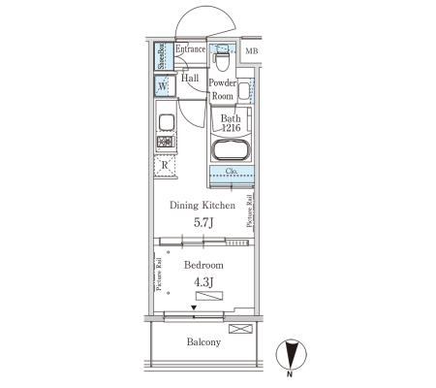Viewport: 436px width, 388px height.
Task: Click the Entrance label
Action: click(x=190, y=49)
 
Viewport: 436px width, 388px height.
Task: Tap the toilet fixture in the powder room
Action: click(x=222, y=58)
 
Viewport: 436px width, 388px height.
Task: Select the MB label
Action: click(x=252, y=51)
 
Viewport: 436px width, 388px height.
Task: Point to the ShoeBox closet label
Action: click(x=161, y=56)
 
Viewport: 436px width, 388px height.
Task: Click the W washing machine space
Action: click(x=164, y=86)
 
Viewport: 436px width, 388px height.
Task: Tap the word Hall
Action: click(x=190, y=78)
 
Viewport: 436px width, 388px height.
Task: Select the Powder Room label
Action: click(x=222, y=89)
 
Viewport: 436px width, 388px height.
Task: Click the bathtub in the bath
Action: click(x=231, y=149)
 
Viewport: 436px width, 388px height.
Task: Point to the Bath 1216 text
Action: click(x=231, y=123)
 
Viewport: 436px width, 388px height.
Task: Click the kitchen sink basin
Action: click(x=167, y=123)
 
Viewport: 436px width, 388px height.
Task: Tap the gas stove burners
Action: click(x=166, y=142)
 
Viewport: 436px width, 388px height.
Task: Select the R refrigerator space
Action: click(x=165, y=166)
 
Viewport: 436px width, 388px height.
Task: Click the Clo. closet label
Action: click(x=232, y=171)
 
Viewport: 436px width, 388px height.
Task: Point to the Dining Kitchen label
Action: click(x=202, y=206)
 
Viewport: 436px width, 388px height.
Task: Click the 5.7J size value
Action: click(x=203, y=222)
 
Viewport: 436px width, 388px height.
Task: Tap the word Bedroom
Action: click(x=203, y=265)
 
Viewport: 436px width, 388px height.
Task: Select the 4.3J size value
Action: click(x=203, y=282)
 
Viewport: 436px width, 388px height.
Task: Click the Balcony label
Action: click(x=203, y=342)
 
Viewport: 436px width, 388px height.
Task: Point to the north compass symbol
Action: click(x=291, y=355)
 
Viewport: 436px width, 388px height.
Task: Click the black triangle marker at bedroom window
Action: click(x=194, y=307)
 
